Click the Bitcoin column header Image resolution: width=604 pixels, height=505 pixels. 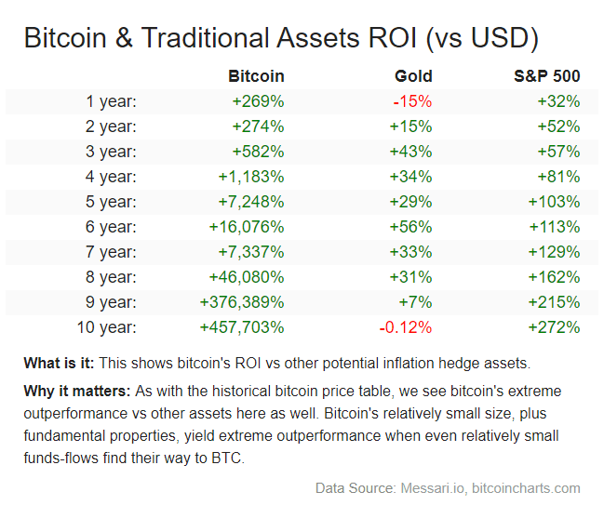point(256,76)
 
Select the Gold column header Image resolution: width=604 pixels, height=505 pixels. point(413,76)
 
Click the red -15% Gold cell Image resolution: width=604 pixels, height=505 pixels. point(412,101)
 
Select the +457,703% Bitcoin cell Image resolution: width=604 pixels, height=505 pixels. point(242,327)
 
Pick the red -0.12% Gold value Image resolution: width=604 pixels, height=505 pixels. point(405,327)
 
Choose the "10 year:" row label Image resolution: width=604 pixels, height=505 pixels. point(104,327)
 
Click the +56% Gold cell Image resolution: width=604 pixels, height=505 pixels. point(410,227)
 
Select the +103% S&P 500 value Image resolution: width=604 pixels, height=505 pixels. point(554,202)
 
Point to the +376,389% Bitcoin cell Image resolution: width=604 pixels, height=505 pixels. point(242,302)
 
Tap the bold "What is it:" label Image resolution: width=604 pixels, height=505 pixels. point(59,363)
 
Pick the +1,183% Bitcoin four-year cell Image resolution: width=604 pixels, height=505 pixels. point(251,177)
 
